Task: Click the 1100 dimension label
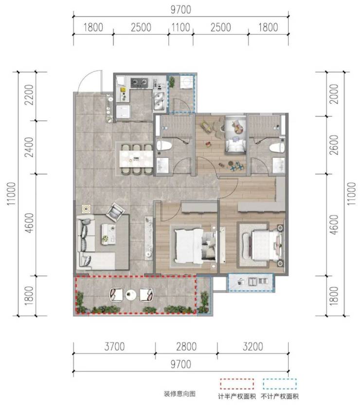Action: [x=180, y=27]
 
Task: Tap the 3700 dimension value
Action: [x=114, y=347]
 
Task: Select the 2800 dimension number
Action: [x=186, y=347]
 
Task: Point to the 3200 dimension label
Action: [x=252, y=347]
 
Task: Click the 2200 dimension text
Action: [x=29, y=94]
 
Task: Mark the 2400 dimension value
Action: [x=29, y=147]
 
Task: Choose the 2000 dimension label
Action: [x=334, y=94]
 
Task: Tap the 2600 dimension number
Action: [x=334, y=145]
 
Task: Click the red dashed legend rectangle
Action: [x=237, y=384]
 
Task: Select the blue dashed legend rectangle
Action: [x=280, y=384]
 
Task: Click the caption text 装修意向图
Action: [x=180, y=394]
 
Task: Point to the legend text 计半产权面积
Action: [x=237, y=396]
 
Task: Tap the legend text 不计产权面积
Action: [x=280, y=396]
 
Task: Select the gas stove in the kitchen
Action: [x=139, y=83]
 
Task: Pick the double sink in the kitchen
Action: [x=159, y=101]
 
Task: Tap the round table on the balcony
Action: [x=131, y=295]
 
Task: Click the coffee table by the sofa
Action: [x=108, y=234]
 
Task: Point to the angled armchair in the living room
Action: [x=115, y=211]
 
